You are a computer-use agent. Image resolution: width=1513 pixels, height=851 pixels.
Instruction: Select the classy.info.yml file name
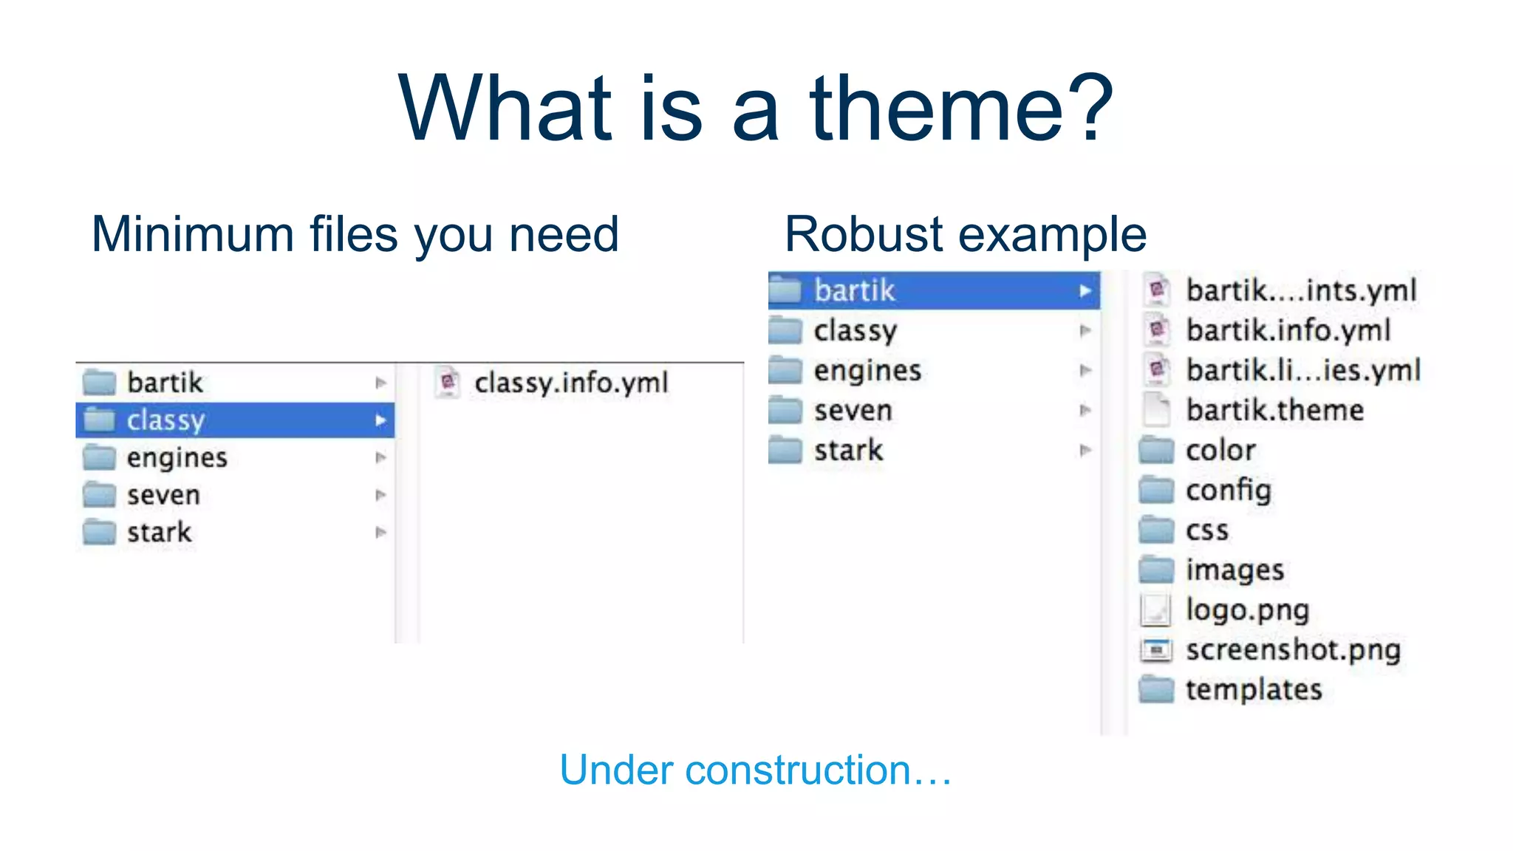pyautogui.click(x=570, y=383)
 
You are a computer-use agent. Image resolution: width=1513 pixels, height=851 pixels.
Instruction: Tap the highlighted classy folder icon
pyautogui.click(x=99, y=420)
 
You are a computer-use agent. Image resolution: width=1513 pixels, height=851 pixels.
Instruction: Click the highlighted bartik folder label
pyautogui.click(x=854, y=290)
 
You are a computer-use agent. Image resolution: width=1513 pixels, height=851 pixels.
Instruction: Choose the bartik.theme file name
pyautogui.click(x=1274, y=410)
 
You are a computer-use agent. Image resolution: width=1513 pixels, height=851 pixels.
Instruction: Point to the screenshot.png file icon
pyautogui.click(x=1156, y=650)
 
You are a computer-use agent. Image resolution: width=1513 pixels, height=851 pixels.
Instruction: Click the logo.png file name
pyautogui.click(x=1247, y=610)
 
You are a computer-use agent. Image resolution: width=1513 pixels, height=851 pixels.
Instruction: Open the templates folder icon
pyautogui.click(x=1156, y=689)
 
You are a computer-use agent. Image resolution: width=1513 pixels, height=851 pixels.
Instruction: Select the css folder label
pyautogui.click(x=1207, y=530)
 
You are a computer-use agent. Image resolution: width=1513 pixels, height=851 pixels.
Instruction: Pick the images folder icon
pyautogui.click(x=1156, y=570)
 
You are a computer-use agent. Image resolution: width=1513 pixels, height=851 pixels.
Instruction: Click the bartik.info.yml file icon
pyautogui.click(x=1157, y=329)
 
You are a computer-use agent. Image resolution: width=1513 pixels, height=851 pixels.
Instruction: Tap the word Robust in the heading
pyautogui.click(x=863, y=235)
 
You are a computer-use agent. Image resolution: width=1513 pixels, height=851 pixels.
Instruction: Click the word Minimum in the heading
pyautogui.click(x=193, y=235)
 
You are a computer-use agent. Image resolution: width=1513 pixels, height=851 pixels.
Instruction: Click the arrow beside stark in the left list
pyautogui.click(x=380, y=532)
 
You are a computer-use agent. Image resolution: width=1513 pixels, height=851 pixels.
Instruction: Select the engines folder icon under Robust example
pyautogui.click(x=785, y=370)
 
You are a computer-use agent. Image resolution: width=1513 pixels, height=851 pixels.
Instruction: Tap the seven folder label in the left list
pyautogui.click(x=163, y=495)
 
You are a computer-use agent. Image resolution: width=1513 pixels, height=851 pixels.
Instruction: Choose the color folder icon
pyautogui.click(x=1156, y=450)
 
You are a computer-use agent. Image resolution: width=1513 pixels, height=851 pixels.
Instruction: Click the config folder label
pyautogui.click(x=1228, y=491)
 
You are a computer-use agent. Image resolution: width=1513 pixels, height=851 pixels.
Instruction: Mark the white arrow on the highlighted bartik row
pyautogui.click(x=1085, y=291)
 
